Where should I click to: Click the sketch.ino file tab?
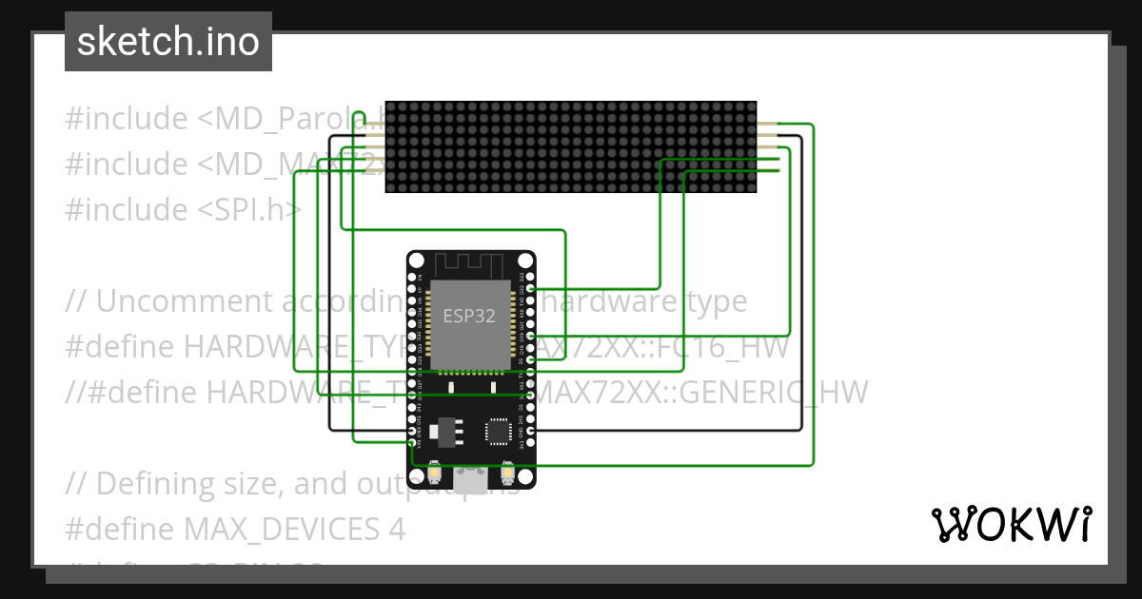168,42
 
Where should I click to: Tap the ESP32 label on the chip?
469,316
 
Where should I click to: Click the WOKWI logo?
1011,524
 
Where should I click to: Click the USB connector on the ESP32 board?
471,481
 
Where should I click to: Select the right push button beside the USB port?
507,471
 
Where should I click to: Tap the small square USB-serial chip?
498,431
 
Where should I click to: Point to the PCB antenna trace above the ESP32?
471,264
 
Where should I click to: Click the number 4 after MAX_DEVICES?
397,529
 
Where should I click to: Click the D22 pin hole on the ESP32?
528,288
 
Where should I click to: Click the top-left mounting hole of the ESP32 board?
416,260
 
